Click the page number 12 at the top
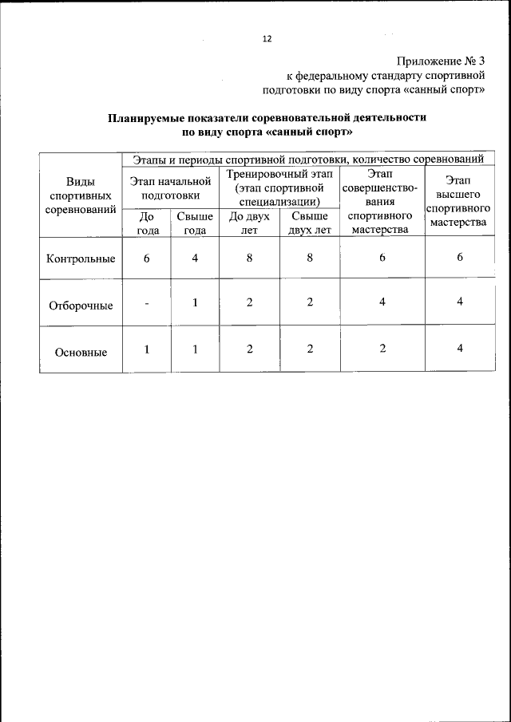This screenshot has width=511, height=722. (x=267, y=39)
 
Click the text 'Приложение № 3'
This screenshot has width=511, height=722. (x=440, y=61)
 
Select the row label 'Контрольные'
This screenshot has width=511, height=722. (x=81, y=258)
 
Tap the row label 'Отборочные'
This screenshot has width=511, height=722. (x=81, y=305)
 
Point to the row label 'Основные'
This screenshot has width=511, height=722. (x=81, y=351)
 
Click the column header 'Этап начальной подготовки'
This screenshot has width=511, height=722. (x=170, y=187)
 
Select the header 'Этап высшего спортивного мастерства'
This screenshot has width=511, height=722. (x=459, y=201)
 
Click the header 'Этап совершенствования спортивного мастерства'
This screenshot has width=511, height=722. (x=382, y=201)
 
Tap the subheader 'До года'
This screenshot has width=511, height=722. (x=147, y=223)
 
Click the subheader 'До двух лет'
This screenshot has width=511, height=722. (x=249, y=223)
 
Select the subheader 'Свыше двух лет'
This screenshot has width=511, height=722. (x=310, y=223)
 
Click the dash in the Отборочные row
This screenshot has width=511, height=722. (x=147, y=303)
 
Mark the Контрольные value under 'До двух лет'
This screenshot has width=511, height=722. (x=249, y=258)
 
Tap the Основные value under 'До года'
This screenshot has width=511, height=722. (x=147, y=349)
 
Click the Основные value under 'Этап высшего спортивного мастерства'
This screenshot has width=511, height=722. (x=460, y=349)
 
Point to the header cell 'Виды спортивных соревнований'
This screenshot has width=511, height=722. (x=81, y=195)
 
